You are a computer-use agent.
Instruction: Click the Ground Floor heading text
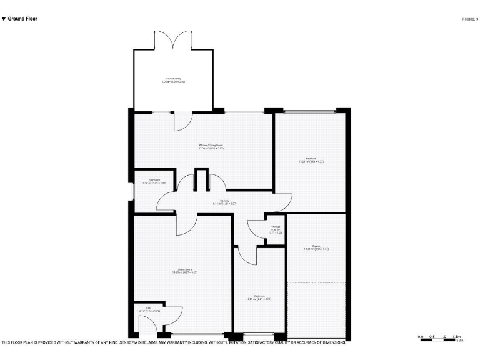click(22, 19)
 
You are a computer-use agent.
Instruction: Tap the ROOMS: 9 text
click(470, 19)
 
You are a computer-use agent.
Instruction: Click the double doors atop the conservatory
click(172, 41)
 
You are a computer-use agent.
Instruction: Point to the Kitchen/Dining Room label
click(211, 147)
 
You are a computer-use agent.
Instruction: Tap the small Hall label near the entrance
click(148, 309)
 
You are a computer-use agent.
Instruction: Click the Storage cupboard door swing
click(256, 229)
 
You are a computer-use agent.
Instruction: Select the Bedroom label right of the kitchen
click(311, 160)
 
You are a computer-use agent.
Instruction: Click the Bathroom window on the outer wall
click(132, 191)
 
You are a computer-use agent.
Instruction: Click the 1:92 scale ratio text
click(459, 341)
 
